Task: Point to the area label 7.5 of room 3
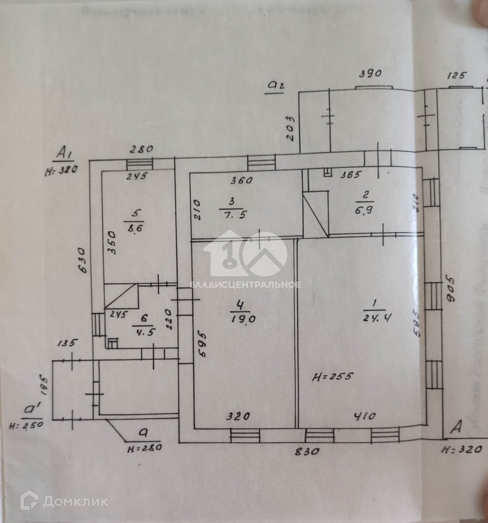click(x=234, y=215)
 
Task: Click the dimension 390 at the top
click(x=370, y=74)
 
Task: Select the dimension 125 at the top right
click(x=457, y=76)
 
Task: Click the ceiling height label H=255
click(x=333, y=376)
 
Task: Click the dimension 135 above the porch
click(x=68, y=343)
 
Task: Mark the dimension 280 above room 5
click(x=141, y=150)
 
